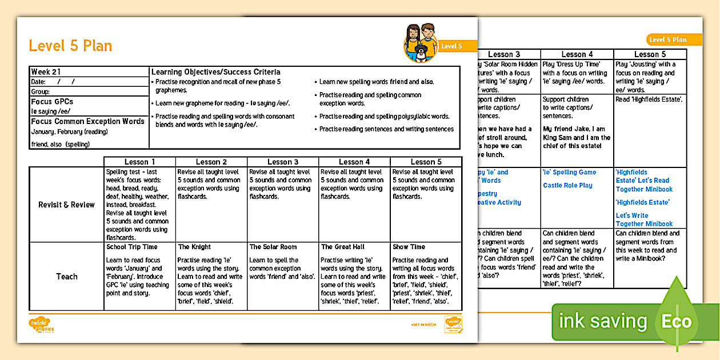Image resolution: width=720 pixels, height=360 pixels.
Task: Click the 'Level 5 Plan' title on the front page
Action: coord(70,46)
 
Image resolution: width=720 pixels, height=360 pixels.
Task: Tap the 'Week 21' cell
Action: coord(46,72)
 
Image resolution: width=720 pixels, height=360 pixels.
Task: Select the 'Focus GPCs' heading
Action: coord(52,102)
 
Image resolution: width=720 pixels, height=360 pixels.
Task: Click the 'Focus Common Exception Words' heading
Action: coord(87,121)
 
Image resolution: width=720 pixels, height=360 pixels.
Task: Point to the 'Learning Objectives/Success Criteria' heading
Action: coord(215,72)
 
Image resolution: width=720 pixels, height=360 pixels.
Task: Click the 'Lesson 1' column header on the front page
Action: coord(139,162)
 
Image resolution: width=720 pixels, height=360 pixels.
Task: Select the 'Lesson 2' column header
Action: coord(211,162)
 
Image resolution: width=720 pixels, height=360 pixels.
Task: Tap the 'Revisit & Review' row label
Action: coord(66,205)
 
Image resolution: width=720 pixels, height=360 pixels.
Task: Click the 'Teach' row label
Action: coord(66,277)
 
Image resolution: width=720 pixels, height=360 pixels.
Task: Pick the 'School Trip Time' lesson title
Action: coord(132,247)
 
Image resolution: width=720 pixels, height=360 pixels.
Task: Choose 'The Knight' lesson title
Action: coord(194,247)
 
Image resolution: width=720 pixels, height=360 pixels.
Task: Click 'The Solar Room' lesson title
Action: coord(273,247)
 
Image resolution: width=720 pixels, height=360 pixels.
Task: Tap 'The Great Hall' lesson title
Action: coord(342,247)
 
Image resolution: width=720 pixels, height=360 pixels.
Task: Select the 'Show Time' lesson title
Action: coord(409,247)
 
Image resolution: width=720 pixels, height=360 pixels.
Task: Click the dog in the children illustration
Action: coord(421,54)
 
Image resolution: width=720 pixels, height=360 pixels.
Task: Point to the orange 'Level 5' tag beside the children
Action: coord(451,46)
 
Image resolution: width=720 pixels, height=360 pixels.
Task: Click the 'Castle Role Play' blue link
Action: coord(567,185)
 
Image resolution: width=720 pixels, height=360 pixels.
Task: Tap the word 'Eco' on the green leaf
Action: coord(676,321)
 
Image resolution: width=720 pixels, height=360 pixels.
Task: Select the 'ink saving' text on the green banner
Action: coord(602,321)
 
